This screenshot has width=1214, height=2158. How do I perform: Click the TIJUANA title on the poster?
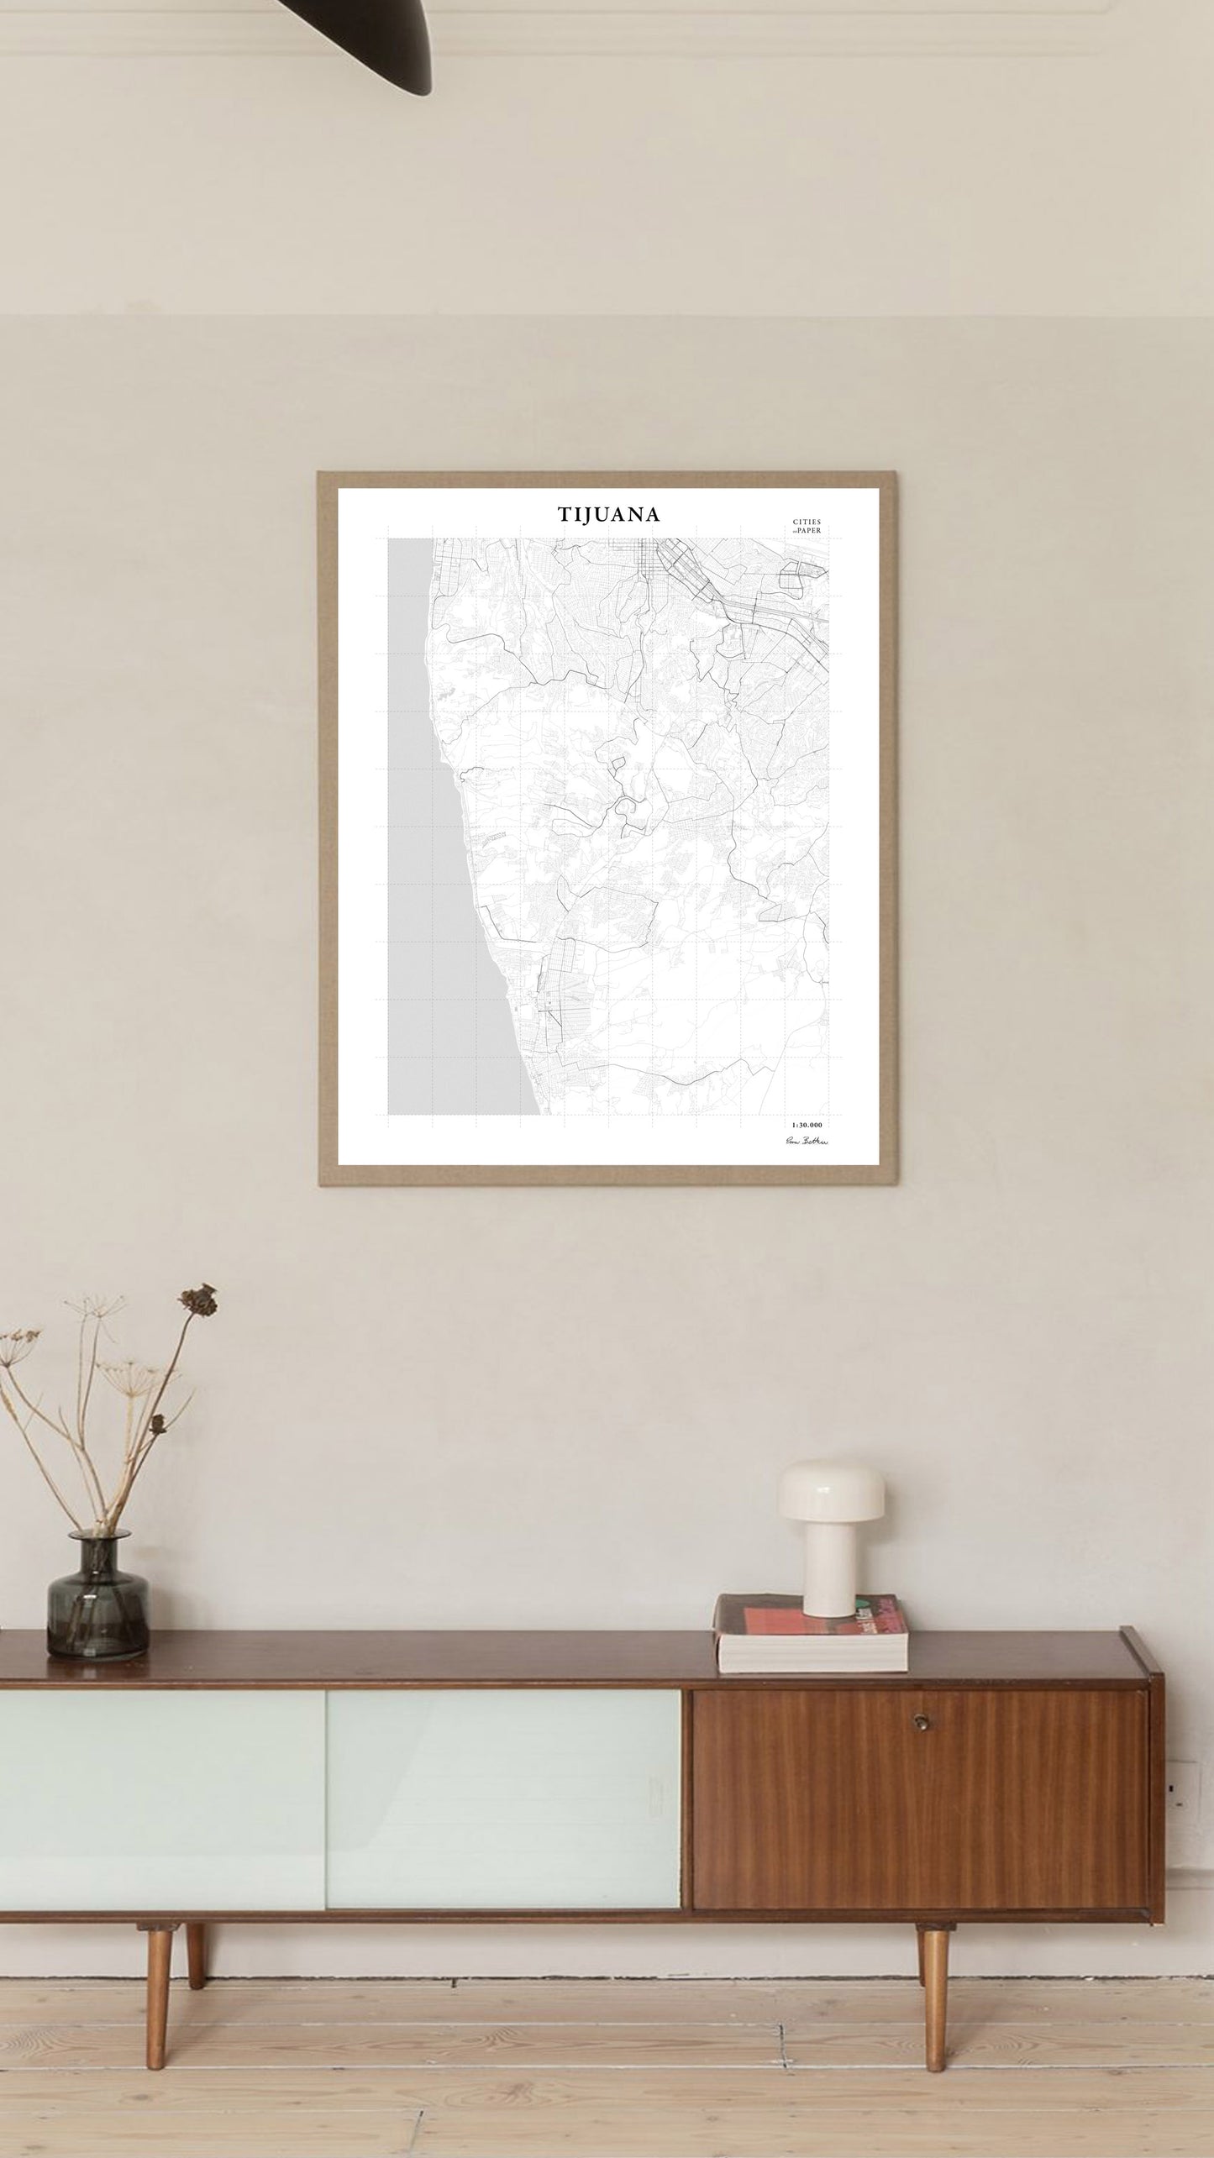pos(608,514)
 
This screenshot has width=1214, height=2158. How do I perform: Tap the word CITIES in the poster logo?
pos(807,521)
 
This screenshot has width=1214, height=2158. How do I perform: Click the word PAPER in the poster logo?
pos(809,531)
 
